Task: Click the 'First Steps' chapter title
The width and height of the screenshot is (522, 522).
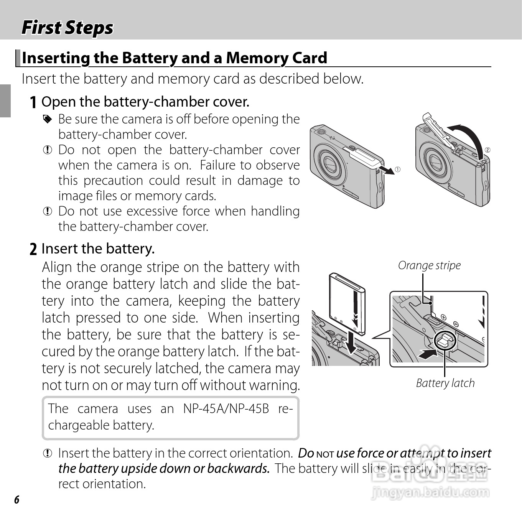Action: coord(68,28)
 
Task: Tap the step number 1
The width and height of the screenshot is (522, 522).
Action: coord(33,102)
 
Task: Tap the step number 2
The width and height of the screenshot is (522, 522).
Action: coord(33,249)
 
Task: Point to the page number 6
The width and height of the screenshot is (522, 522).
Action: coord(16,499)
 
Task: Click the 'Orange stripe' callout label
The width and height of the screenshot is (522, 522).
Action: coord(429,265)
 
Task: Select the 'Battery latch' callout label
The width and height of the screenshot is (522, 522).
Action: coord(445,383)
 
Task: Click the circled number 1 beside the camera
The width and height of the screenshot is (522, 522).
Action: coord(398,170)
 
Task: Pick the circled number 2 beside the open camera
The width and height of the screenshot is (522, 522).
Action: coord(487,150)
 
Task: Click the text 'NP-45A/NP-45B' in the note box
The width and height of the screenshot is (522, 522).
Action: coord(226,409)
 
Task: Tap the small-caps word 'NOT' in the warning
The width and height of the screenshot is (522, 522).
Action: coord(325,454)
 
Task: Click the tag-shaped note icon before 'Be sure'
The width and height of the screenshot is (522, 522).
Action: coord(47,120)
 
